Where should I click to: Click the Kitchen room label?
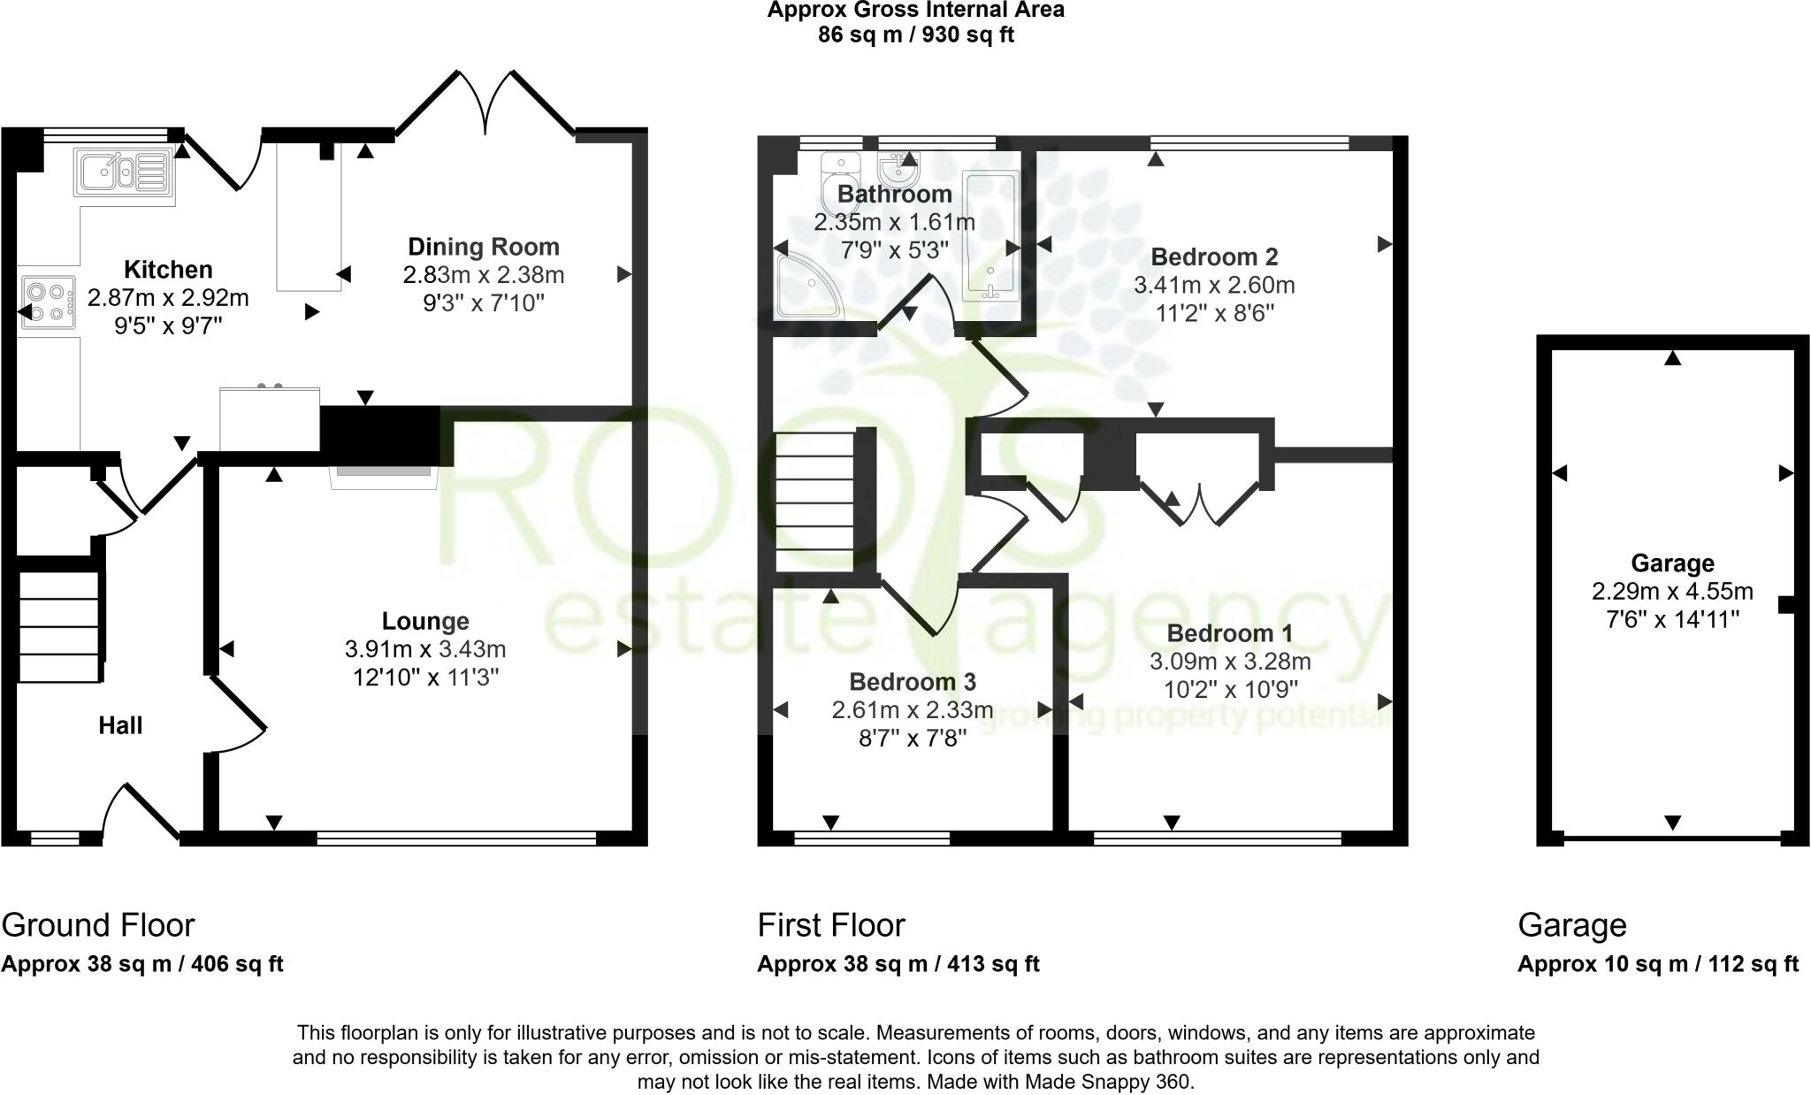(168, 270)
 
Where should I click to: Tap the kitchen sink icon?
(125, 171)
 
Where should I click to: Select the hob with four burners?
(48, 302)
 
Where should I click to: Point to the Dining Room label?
(483, 247)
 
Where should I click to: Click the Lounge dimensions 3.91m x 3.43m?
(425, 649)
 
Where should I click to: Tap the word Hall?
(120, 726)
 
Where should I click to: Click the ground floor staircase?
(59, 627)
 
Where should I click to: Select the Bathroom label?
(895, 194)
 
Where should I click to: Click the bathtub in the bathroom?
(990, 237)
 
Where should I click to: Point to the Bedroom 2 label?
(1214, 257)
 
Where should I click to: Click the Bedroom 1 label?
(1229, 633)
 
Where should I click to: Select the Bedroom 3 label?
(913, 682)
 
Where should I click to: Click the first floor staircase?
(814, 502)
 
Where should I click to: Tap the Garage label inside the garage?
(1672, 563)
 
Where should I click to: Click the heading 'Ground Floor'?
(98, 925)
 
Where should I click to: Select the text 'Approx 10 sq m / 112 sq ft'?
(1658, 964)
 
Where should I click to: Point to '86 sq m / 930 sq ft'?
(915, 35)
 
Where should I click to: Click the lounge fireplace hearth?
(385, 477)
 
